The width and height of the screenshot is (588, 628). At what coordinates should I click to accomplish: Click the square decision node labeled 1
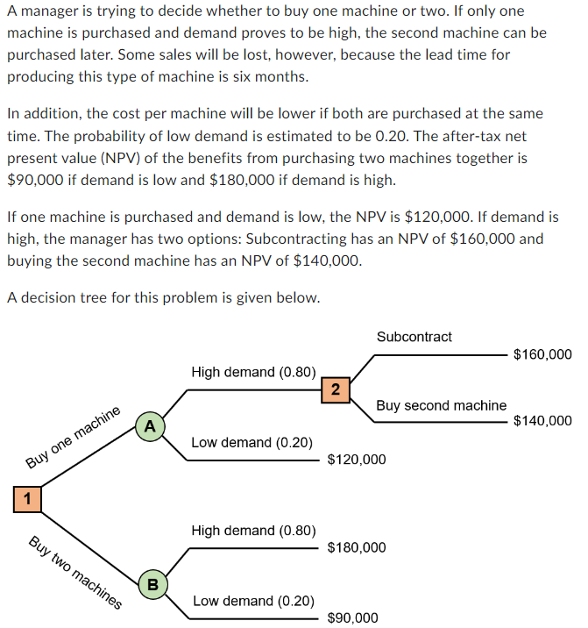tap(27, 498)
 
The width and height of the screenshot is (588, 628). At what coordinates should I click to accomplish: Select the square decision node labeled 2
tap(337, 389)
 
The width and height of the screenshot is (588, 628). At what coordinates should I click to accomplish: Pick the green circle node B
tap(152, 584)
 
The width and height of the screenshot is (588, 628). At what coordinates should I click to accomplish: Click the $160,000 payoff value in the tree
tap(542, 354)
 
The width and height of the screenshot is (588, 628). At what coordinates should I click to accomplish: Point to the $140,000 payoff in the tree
tap(542, 420)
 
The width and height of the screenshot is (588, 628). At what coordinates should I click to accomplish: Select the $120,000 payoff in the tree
tap(356, 460)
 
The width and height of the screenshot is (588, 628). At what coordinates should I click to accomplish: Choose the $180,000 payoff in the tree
tap(356, 547)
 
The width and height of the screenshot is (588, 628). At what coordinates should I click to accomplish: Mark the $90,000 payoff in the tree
tap(352, 617)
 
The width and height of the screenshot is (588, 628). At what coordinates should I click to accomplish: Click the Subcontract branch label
tap(414, 337)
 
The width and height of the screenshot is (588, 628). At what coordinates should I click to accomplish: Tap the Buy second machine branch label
tap(441, 405)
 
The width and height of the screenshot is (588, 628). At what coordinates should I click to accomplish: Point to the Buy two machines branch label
tap(74, 571)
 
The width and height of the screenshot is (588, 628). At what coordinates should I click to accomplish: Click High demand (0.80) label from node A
tap(253, 372)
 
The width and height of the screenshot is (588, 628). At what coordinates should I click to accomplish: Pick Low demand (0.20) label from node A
tap(252, 442)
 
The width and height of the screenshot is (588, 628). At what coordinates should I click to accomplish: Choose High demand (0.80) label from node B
tap(253, 530)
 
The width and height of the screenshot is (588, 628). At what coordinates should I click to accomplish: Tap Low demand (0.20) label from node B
tap(252, 601)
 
